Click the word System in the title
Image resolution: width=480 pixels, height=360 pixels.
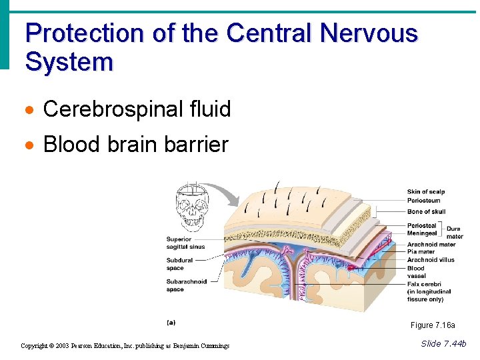[x=69, y=62]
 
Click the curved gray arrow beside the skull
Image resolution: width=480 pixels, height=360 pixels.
[x=227, y=193]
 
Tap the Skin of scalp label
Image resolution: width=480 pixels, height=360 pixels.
[x=426, y=192]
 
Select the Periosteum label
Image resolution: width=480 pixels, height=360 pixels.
[x=423, y=200]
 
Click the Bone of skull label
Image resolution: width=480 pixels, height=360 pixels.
[x=426, y=212]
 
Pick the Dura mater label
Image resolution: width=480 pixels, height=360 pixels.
[x=455, y=233]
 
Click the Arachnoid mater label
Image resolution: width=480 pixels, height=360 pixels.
[x=431, y=245]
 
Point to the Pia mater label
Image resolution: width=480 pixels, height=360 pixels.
[x=421, y=252]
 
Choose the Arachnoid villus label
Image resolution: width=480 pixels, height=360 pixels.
[x=431, y=260]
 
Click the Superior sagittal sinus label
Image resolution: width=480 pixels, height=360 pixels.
[x=185, y=243]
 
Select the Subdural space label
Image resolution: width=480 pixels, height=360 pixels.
[x=179, y=264]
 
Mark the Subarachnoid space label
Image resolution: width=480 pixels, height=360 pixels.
[x=186, y=285]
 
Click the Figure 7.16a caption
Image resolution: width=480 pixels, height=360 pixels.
[x=433, y=325]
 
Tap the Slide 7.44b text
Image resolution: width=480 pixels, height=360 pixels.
[x=443, y=343]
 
